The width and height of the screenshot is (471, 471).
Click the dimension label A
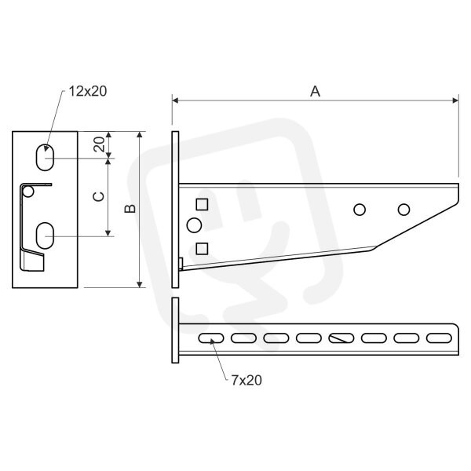tap(315, 91)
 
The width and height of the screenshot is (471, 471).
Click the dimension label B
tap(130, 209)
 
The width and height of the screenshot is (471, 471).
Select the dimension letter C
tap(99, 197)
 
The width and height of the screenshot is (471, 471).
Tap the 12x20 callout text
tap(88, 91)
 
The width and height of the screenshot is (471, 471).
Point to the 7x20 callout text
tap(246, 380)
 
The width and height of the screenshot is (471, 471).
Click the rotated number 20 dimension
tap(99, 144)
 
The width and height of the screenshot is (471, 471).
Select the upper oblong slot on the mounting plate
tap(45, 158)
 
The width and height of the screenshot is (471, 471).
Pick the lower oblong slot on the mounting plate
tap(45, 235)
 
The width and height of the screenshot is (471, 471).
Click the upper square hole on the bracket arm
tap(202, 204)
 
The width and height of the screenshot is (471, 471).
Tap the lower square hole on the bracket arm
tap(202, 249)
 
